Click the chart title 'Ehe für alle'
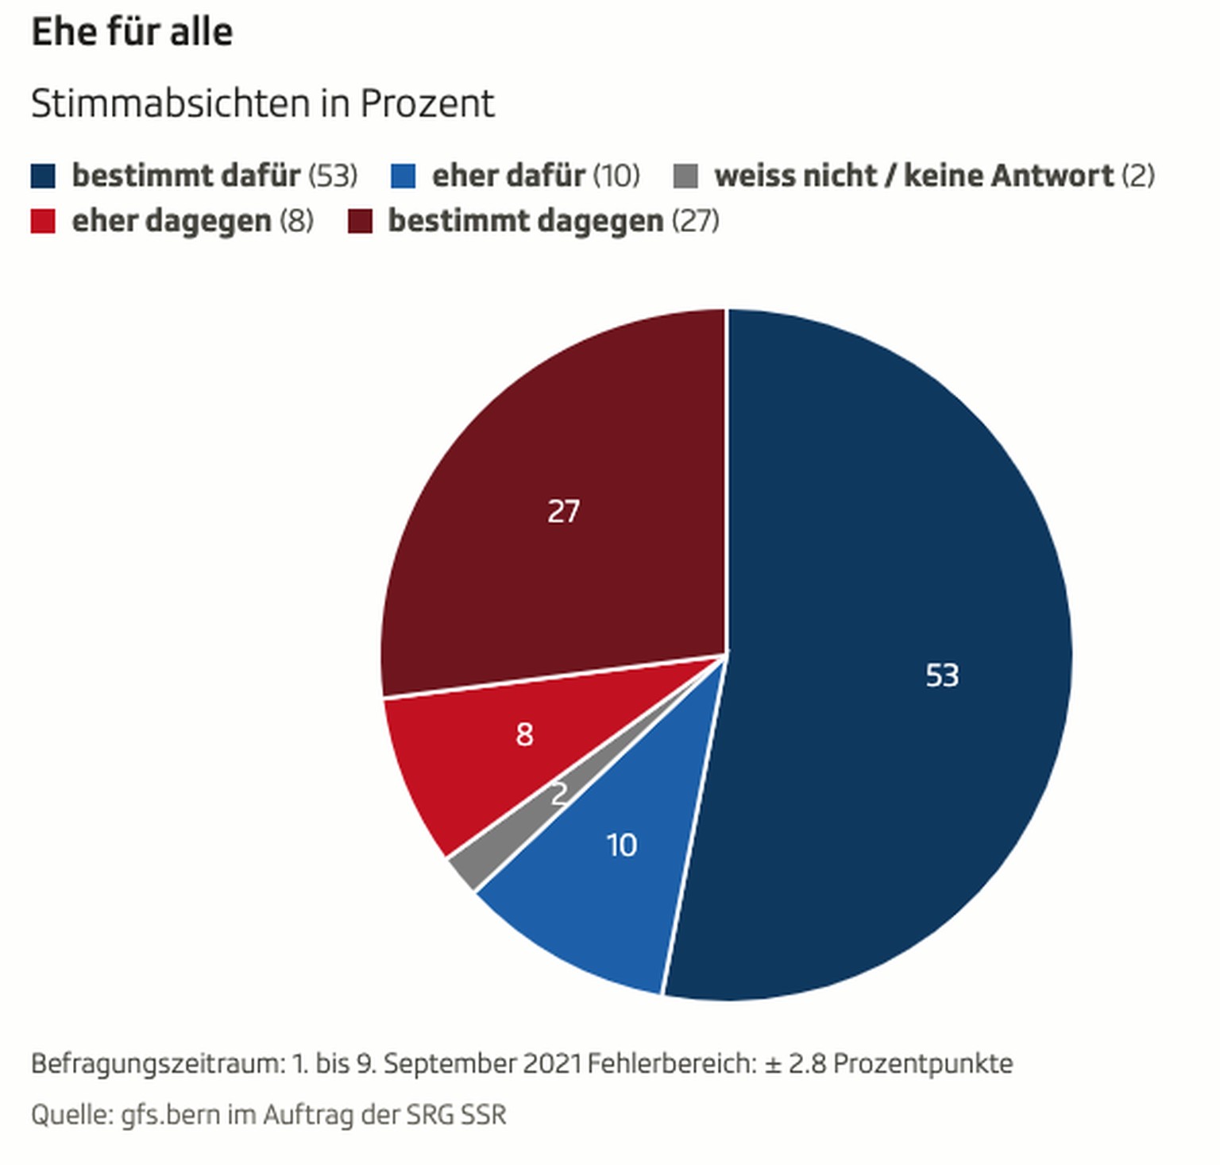point(132,33)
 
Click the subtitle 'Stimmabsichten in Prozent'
point(262,103)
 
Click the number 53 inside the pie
point(942,675)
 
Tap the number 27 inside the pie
point(563,512)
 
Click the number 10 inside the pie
point(621,846)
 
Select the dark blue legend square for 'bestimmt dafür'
point(43,176)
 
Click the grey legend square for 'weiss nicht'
point(685,176)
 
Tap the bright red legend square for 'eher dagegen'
point(43,221)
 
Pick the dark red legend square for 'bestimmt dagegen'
point(360,221)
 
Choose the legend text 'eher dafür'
point(508,176)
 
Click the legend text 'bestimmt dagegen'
point(525,221)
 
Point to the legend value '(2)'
point(1138,176)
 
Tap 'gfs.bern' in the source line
point(170,1115)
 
